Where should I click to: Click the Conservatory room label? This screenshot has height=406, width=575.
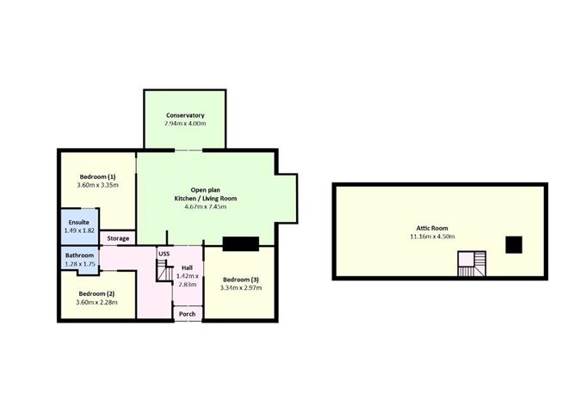click(x=185, y=114)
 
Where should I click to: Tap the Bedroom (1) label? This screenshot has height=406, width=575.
click(x=96, y=175)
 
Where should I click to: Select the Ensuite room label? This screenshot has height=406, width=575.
click(x=78, y=222)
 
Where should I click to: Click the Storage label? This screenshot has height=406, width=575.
click(x=118, y=238)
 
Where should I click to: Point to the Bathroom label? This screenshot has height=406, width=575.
click(x=78, y=255)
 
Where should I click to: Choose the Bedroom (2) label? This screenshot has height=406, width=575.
click(x=96, y=292)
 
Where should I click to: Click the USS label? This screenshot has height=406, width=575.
click(x=164, y=253)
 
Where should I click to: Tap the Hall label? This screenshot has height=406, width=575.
click(x=187, y=268)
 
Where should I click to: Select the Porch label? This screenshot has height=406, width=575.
click(x=187, y=314)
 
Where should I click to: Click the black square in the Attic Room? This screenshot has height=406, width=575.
click(x=513, y=245)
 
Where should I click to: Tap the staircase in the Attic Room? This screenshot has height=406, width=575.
click(x=471, y=264)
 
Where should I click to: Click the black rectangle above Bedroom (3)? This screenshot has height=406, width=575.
click(x=240, y=243)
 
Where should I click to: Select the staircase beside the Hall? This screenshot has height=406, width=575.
click(x=164, y=272)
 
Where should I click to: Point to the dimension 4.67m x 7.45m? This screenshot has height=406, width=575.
click(x=207, y=206)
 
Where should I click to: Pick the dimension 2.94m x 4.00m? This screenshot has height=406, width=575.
click(x=185, y=124)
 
